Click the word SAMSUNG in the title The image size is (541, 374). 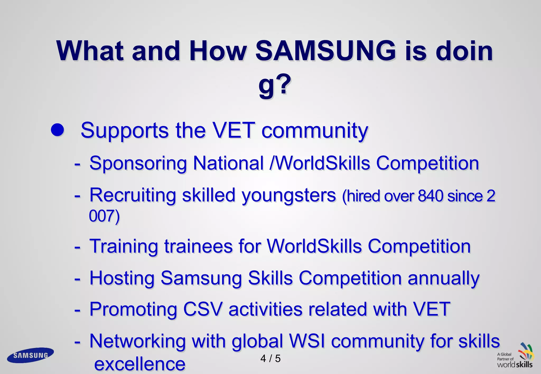(x=325, y=51)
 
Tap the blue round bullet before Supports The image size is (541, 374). (x=58, y=130)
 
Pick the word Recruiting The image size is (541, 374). (x=133, y=195)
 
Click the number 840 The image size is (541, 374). (x=431, y=196)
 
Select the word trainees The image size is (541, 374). (x=198, y=246)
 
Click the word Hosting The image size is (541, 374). (x=122, y=278)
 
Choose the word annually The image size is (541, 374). (x=444, y=279)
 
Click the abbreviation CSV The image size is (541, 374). (x=203, y=309)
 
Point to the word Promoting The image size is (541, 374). (x=133, y=310)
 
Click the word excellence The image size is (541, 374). (x=140, y=364)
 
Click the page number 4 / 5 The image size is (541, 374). (x=270, y=358)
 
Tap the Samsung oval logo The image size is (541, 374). (x=30, y=355)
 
